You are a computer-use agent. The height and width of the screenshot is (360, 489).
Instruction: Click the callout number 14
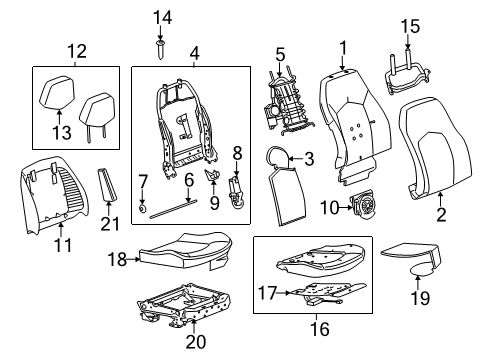point(162,16)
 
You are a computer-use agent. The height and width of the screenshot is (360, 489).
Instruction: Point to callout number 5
point(281,54)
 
